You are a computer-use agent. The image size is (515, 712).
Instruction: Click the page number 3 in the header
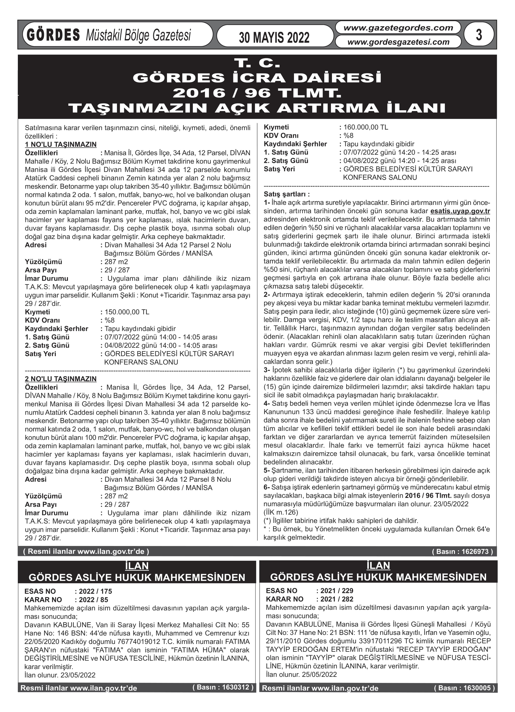pyautogui.click(x=479, y=35)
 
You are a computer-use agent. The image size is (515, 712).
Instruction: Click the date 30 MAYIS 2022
pyautogui.click(x=274, y=37)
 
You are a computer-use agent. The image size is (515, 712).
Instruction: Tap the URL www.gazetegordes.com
pyautogui.click(x=398, y=28)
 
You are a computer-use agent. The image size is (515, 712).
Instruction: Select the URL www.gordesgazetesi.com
pyautogui.click(x=398, y=42)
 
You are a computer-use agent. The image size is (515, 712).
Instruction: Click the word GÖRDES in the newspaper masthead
pyautogui.click(x=54, y=35)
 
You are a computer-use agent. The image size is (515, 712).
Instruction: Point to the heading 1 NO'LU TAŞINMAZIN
pyautogui.click(x=61, y=145)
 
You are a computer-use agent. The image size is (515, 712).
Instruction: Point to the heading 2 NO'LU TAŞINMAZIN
pyautogui.click(x=61, y=379)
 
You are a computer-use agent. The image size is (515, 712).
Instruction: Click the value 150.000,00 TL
pyautogui.click(x=127, y=312)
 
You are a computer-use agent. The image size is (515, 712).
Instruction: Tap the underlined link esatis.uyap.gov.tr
pyautogui.click(x=460, y=211)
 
